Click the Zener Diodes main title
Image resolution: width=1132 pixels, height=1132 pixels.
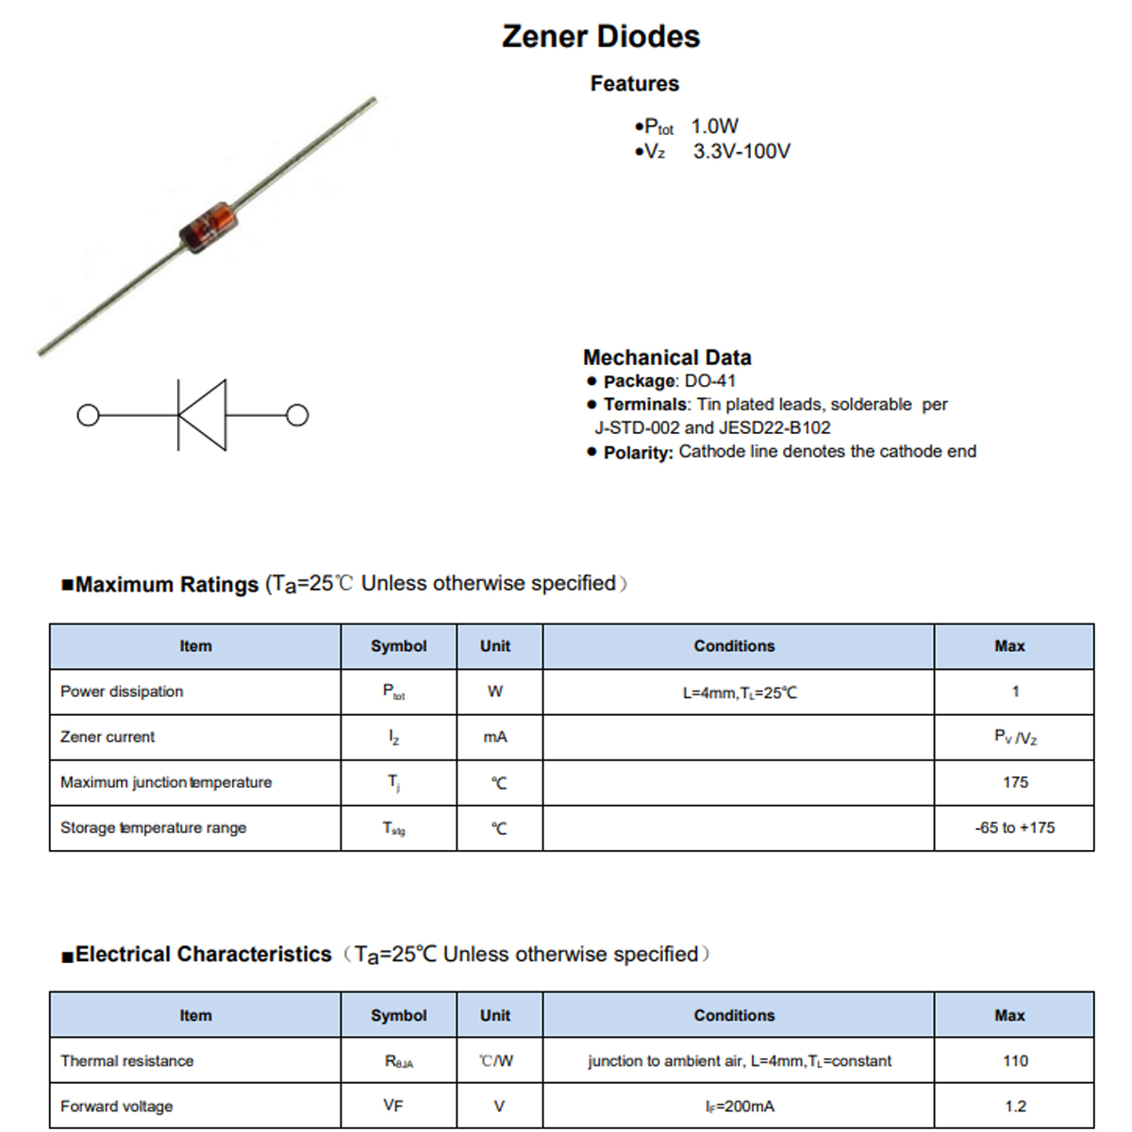[x=601, y=37]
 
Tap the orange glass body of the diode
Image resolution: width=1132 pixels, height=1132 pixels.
[x=206, y=227]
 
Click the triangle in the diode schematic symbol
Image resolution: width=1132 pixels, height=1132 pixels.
[x=205, y=415]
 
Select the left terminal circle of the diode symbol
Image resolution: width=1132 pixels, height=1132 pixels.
[x=88, y=415]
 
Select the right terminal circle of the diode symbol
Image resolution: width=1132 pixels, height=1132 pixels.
[x=297, y=415]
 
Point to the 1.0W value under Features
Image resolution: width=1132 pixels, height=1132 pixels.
[x=714, y=126]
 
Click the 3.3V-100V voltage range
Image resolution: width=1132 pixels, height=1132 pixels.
[x=741, y=152]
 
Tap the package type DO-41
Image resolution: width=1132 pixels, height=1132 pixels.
[x=709, y=381]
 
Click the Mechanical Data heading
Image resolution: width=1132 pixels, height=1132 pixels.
[x=667, y=358]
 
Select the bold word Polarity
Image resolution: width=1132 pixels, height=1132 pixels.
[x=638, y=453]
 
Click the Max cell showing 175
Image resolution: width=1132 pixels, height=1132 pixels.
[x=1015, y=782]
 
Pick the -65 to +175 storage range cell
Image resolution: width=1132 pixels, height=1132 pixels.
[x=1015, y=827]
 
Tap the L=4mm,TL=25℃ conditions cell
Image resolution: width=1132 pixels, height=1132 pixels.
[x=739, y=692]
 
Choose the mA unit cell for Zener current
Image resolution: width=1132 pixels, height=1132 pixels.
[x=495, y=737]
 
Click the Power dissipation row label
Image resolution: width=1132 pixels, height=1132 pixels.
[x=122, y=691]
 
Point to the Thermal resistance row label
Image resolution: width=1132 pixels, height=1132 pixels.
[x=126, y=1061]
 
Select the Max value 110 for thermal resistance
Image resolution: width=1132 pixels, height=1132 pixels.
[x=1015, y=1061]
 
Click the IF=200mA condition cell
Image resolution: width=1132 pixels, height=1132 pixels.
[x=739, y=1107]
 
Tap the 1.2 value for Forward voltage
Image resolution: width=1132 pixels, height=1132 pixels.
[x=1015, y=1107]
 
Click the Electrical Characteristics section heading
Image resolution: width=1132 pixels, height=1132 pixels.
[x=203, y=955]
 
